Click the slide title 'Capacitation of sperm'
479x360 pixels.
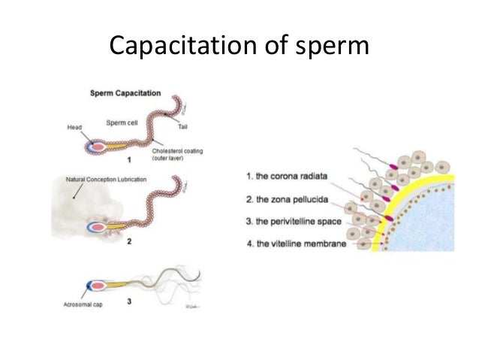(239, 47)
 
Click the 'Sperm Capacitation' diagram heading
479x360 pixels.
(125, 94)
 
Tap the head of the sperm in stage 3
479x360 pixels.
(98, 286)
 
